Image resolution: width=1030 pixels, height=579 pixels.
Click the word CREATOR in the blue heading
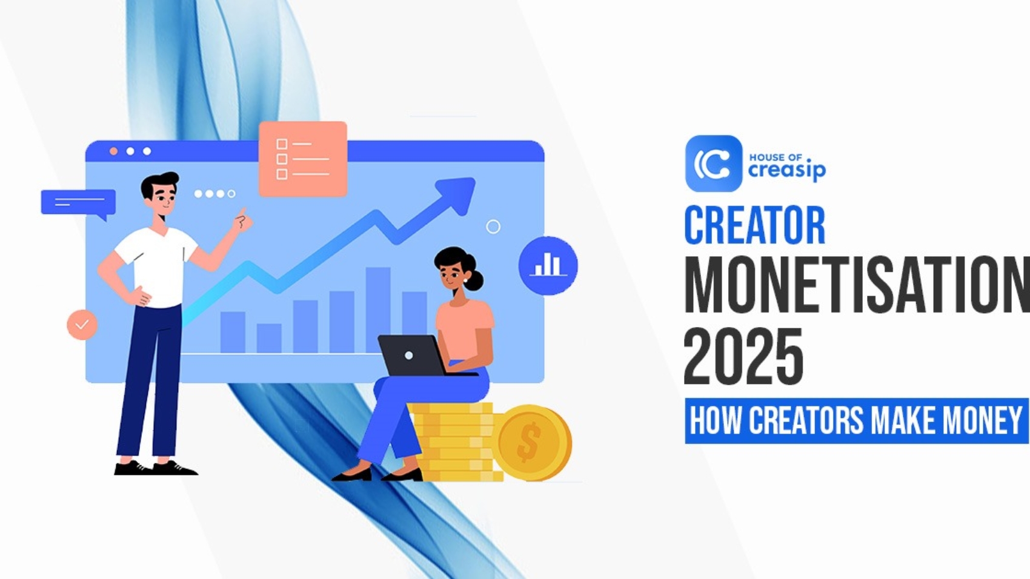[x=754, y=225]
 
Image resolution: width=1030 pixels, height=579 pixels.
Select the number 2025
[x=743, y=357]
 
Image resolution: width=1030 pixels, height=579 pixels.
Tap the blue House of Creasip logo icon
[x=713, y=164]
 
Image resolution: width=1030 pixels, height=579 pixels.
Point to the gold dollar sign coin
[x=531, y=442]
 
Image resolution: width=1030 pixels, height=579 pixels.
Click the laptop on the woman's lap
[x=412, y=356]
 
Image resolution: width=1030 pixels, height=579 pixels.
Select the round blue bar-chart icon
[x=548, y=265]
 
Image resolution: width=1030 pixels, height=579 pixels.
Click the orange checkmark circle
[x=82, y=325]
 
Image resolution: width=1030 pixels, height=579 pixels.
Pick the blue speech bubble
[x=78, y=202]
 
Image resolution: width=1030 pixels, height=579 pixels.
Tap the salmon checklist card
[x=303, y=159]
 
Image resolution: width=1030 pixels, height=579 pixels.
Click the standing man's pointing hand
[x=242, y=220]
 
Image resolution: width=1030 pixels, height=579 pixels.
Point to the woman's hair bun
[x=475, y=280]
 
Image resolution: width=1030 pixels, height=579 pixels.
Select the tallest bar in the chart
[x=378, y=309]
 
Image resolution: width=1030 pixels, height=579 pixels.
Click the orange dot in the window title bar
[x=113, y=151]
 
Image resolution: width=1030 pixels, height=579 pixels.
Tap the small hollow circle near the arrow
[x=493, y=227]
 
